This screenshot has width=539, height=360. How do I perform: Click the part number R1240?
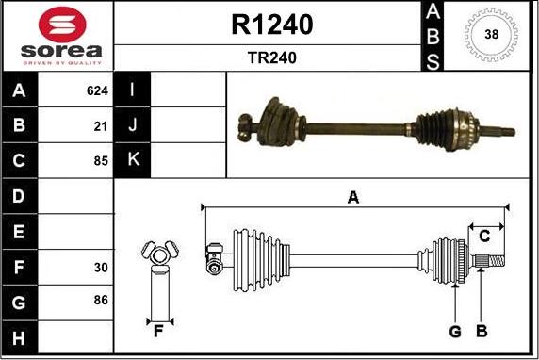272,25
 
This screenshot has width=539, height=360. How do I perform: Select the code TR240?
272,57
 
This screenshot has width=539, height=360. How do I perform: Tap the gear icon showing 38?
491,36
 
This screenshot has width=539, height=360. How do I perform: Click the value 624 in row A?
97,91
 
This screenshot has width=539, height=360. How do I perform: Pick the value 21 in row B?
101,125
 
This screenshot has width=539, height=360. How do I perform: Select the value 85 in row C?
101,159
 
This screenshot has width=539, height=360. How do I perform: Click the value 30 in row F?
101,268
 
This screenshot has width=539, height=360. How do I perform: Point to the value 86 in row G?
101,301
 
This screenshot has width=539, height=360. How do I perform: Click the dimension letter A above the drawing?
353,197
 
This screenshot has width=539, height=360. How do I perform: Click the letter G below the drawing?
454,331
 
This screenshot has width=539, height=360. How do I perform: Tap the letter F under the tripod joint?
158,331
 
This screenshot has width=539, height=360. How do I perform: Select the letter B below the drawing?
482,331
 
